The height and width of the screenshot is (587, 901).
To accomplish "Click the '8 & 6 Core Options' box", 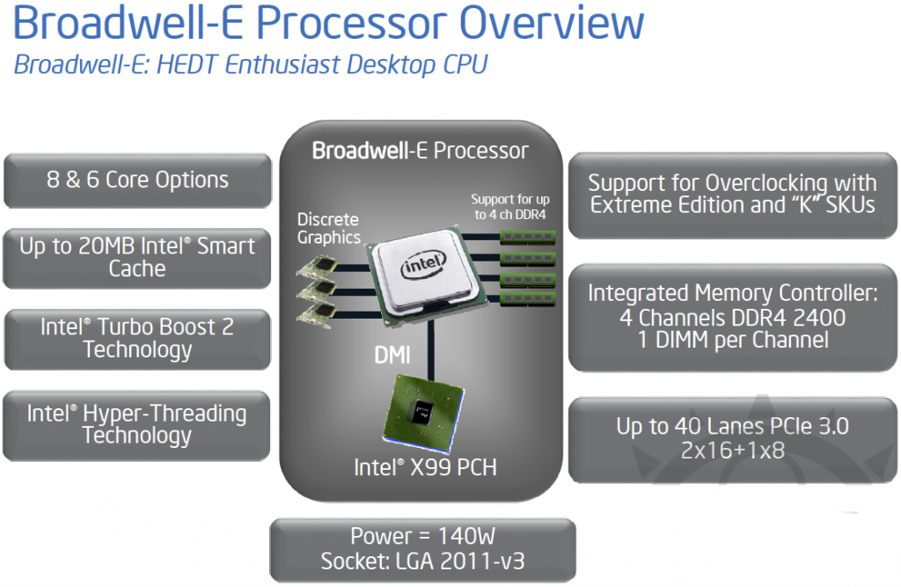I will click(x=137, y=180).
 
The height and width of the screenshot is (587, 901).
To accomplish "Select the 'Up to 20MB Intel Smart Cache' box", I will click(x=137, y=257).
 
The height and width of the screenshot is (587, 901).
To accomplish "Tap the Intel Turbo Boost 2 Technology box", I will click(x=137, y=338).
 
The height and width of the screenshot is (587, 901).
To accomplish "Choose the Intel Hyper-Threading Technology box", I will click(x=137, y=424).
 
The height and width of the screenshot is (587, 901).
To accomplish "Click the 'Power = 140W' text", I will click(x=422, y=536).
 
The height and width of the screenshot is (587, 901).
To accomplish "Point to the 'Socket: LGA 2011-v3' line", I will click(x=422, y=560).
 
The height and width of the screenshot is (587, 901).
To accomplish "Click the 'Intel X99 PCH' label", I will click(x=425, y=467).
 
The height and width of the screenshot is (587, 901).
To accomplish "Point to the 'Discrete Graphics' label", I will click(x=328, y=228).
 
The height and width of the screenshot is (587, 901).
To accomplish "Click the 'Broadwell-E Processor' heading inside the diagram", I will click(x=421, y=150).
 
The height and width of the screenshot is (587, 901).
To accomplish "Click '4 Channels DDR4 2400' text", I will click(x=732, y=317).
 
